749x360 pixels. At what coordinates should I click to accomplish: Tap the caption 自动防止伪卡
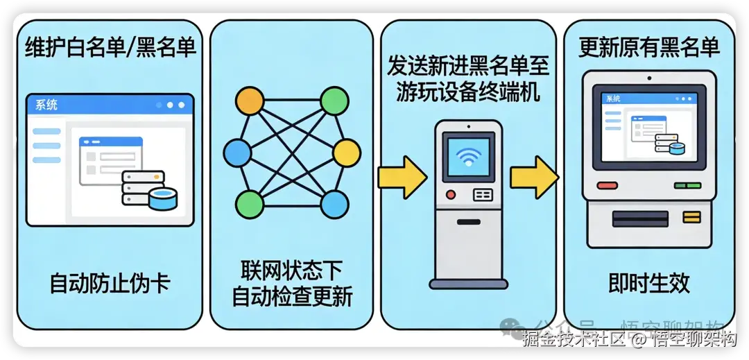(x=110, y=284)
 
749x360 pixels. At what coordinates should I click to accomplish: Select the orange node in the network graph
(x=250, y=101)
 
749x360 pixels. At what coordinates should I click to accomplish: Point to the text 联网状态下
(x=292, y=270)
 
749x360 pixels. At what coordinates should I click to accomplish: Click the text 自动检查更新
(x=292, y=296)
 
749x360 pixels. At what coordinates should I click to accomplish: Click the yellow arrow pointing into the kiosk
(x=402, y=177)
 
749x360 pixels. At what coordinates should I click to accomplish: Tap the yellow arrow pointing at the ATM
(x=534, y=177)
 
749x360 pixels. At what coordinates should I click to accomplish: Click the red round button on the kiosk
(x=451, y=195)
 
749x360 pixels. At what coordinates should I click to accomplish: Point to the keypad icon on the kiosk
(x=483, y=195)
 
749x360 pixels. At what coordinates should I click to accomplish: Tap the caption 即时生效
(x=649, y=284)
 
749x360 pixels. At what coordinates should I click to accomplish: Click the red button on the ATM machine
(x=607, y=186)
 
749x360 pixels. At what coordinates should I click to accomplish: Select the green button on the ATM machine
(x=688, y=186)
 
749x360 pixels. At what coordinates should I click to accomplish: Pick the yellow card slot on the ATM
(x=691, y=218)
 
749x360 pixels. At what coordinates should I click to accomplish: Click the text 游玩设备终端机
(x=468, y=92)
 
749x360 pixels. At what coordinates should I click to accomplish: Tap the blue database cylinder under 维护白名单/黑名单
(x=163, y=199)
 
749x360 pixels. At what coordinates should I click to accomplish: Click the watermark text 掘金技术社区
(x=574, y=340)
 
